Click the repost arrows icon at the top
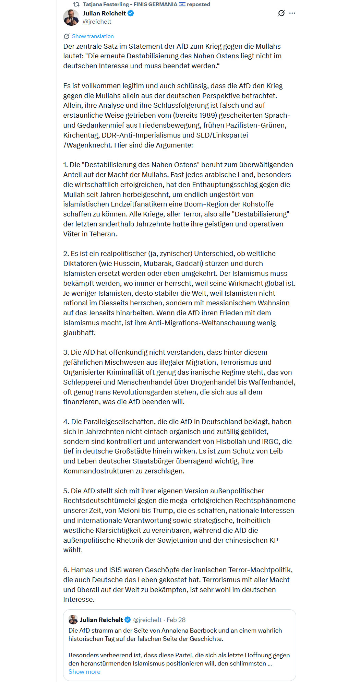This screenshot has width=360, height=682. [76, 4]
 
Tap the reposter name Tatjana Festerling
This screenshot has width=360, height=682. [106, 4]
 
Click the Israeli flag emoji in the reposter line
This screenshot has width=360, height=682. [182, 4]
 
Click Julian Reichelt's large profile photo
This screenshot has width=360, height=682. [71, 17]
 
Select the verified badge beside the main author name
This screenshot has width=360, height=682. [131, 13]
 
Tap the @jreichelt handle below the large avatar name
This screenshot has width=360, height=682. [97, 22]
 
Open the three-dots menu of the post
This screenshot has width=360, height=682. [292, 13]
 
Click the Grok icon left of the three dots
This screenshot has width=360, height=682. [281, 13]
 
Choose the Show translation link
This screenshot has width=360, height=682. [93, 36]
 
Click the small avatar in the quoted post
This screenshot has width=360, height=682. [73, 620]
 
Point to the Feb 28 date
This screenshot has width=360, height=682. [176, 620]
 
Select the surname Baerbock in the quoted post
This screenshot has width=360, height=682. [200, 631]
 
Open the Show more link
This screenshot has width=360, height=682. [84, 672]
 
